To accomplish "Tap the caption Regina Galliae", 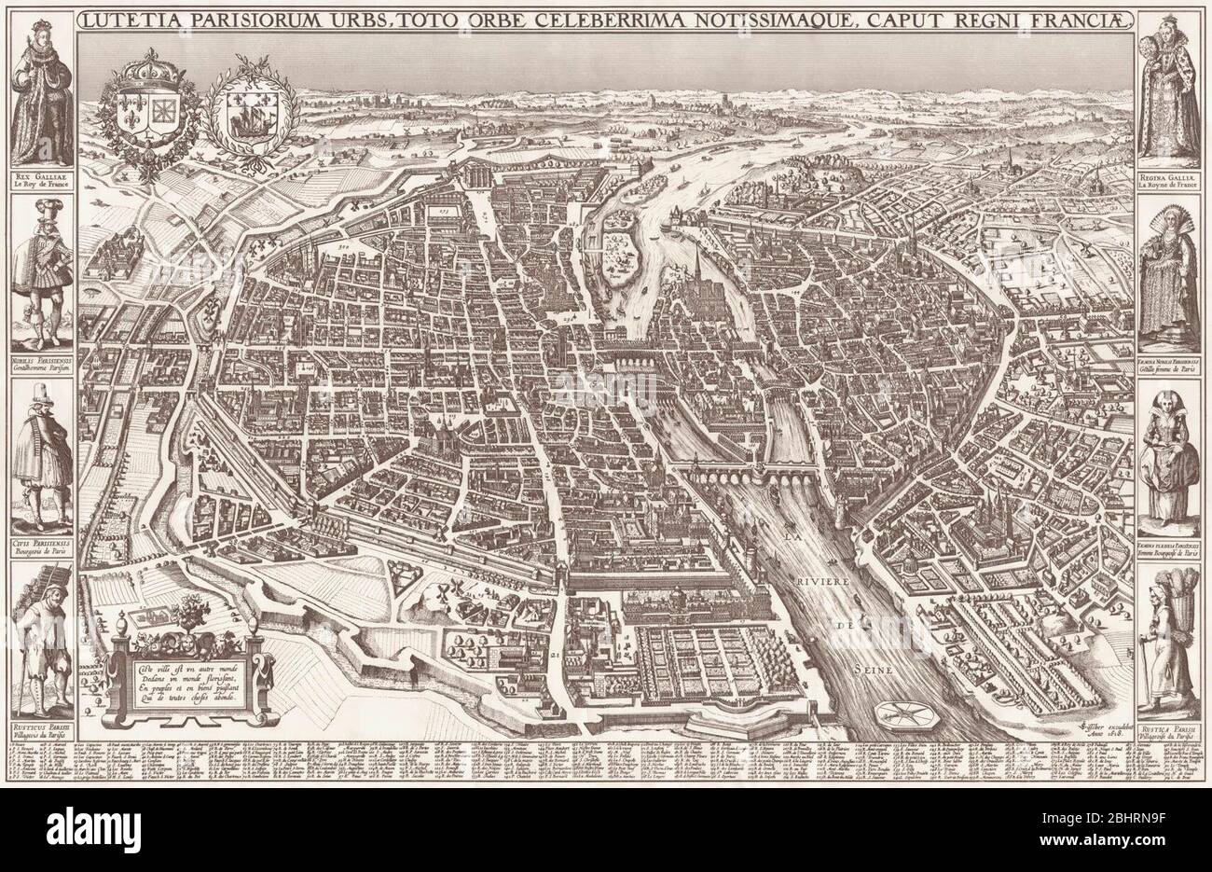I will click(x=1171, y=173).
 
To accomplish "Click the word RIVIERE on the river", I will click(x=820, y=583).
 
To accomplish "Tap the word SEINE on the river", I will click(x=872, y=670).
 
